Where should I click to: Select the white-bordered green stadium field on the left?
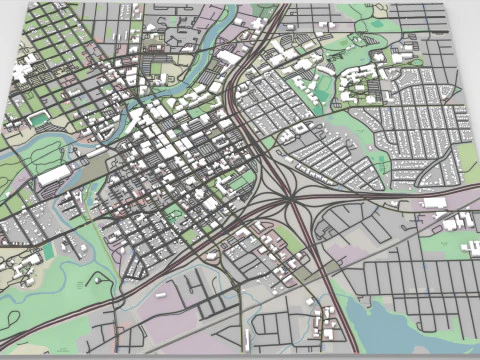click(38, 119)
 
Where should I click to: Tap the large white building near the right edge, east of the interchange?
click(434, 202)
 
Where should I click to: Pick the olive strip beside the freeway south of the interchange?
click(300, 270)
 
